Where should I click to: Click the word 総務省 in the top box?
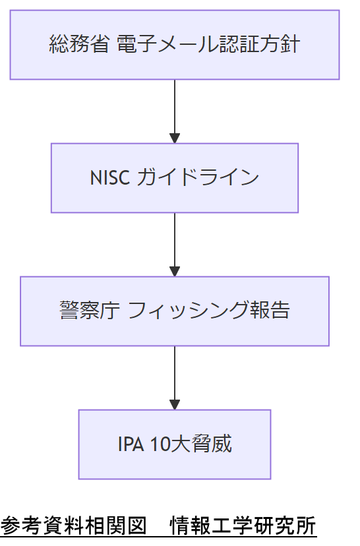79,45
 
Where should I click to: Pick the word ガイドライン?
197,178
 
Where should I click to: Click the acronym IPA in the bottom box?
131,444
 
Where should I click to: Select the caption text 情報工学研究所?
243,527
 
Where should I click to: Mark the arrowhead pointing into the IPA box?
175,404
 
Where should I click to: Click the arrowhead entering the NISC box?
175,137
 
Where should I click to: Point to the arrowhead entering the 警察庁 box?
175,270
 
